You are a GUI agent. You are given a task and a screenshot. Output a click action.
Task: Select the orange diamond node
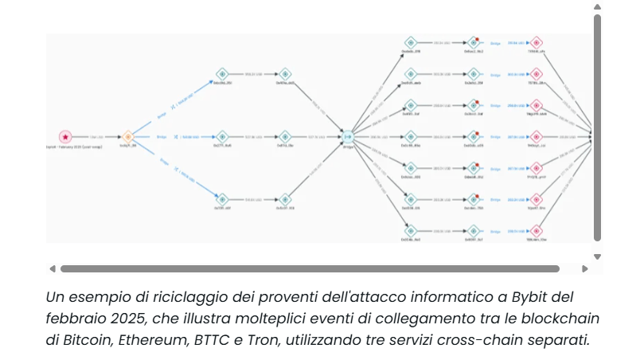(x=127, y=137)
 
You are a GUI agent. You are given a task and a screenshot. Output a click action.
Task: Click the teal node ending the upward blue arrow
(x=221, y=74)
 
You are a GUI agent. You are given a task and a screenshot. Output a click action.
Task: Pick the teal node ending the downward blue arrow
(x=221, y=199)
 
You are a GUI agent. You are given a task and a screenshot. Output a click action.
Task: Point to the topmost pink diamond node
(x=537, y=42)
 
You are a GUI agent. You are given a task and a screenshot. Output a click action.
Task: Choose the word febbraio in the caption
(x=76, y=319)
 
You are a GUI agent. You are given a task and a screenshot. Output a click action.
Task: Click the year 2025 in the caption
(x=123, y=319)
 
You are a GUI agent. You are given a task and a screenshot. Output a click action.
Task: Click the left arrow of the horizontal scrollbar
(x=53, y=269)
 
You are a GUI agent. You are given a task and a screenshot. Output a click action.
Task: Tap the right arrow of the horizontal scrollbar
(x=585, y=269)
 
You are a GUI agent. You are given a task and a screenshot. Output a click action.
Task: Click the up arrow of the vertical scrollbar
(x=598, y=7)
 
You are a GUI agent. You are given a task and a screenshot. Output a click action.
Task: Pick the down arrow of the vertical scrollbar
(x=598, y=256)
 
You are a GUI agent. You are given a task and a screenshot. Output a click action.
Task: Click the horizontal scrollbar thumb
(x=310, y=269)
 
